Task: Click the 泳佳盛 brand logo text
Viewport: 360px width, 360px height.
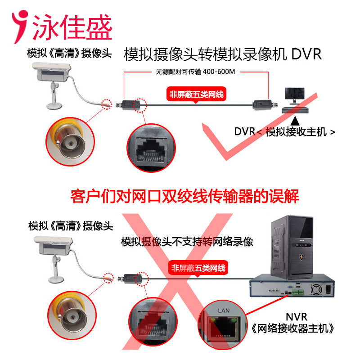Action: point(72,27)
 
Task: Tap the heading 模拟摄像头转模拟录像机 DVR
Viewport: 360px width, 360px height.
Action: point(222,54)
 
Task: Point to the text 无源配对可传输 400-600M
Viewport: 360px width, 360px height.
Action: point(195,72)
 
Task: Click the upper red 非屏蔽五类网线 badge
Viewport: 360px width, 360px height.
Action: point(196,94)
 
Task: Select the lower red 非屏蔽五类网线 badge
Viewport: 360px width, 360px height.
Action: point(198,268)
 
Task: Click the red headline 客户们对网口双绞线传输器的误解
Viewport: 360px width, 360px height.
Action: point(184,196)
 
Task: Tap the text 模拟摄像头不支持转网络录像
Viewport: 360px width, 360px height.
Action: point(187,242)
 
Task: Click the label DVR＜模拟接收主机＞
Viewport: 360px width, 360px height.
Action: point(285,132)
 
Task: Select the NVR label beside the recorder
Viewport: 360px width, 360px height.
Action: point(297,317)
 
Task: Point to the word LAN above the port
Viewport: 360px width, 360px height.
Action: point(224,310)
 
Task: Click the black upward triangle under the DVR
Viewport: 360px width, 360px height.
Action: point(295,121)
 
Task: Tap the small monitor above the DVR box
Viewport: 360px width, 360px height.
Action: point(295,95)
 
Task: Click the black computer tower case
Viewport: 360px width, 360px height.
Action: point(292,247)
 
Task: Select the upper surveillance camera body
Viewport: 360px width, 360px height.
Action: point(52,72)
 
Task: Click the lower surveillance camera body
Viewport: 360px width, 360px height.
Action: point(54,245)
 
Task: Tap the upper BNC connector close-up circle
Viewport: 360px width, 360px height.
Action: point(70,142)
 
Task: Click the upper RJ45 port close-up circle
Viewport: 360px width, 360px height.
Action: point(151,148)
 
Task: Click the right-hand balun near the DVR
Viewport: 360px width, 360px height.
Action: point(265,105)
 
